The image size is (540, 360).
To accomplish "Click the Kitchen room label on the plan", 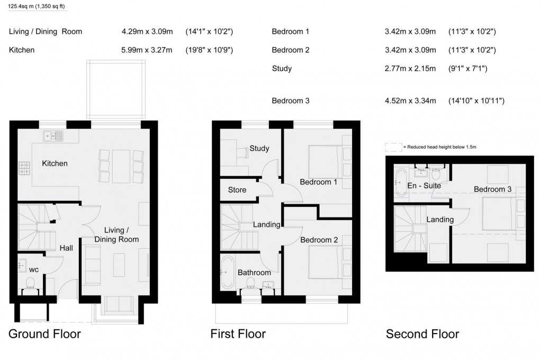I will tap(55, 164).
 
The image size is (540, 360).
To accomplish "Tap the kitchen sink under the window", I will tap(53, 136).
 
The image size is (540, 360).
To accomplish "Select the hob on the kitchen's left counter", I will tap(24, 168).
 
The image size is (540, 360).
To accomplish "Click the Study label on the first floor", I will tap(259, 148).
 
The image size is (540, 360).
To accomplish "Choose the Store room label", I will tap(237, 190).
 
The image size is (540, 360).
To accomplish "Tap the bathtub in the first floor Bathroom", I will tap(226, 272).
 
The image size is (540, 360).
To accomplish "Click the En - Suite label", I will tap(424, 186).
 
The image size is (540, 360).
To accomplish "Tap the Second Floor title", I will tap(422, 334).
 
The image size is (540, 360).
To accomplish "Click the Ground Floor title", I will tap(44, 334).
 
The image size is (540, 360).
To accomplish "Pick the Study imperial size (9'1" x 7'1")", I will tap(467, 68).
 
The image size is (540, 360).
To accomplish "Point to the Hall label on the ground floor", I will tap(66, 248).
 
